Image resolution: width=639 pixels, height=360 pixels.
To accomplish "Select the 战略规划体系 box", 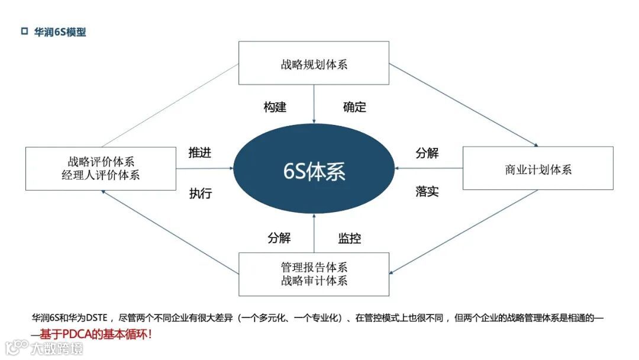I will click(x=314, y=63).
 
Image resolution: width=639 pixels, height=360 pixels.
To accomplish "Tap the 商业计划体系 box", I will click(x=537, y=169).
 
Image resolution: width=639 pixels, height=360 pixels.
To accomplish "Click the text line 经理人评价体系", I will click(x=101, y=175).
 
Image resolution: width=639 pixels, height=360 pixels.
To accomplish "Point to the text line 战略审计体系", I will click(x=314, y=281).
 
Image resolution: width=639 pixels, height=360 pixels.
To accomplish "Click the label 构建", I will click(x=275, y=107).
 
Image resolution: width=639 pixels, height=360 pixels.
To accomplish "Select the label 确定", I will click(x=354, y=107).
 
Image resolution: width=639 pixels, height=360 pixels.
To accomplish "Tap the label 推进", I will click(x=200, y=152).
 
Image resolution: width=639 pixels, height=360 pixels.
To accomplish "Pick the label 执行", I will click(x=200, y=193).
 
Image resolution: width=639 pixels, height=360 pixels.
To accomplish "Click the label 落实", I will click(x=427, y=191).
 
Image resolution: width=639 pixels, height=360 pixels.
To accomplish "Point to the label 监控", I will click(x=349, y=239).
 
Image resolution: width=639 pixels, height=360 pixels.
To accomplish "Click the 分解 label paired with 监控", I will click(x=279, y=239).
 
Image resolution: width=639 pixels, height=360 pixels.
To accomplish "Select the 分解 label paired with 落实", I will click(x=427, y=152).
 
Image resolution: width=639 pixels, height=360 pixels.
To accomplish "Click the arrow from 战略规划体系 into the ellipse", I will click(x=314, y=104).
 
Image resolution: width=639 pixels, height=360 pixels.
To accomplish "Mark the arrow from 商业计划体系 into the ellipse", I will click(x=429, y=169).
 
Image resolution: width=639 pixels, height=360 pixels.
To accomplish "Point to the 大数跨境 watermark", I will click(x=57, y=348).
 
